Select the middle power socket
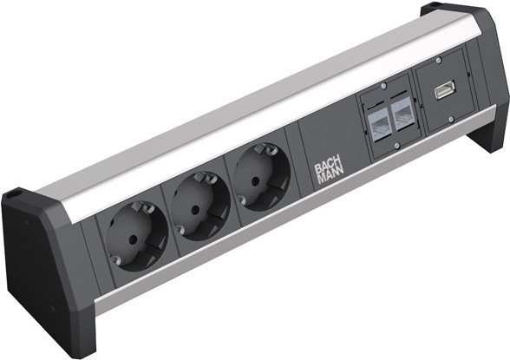click(x=199, y=206)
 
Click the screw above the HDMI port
click(x=439, y=61)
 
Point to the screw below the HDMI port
click(x=451, y=119)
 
